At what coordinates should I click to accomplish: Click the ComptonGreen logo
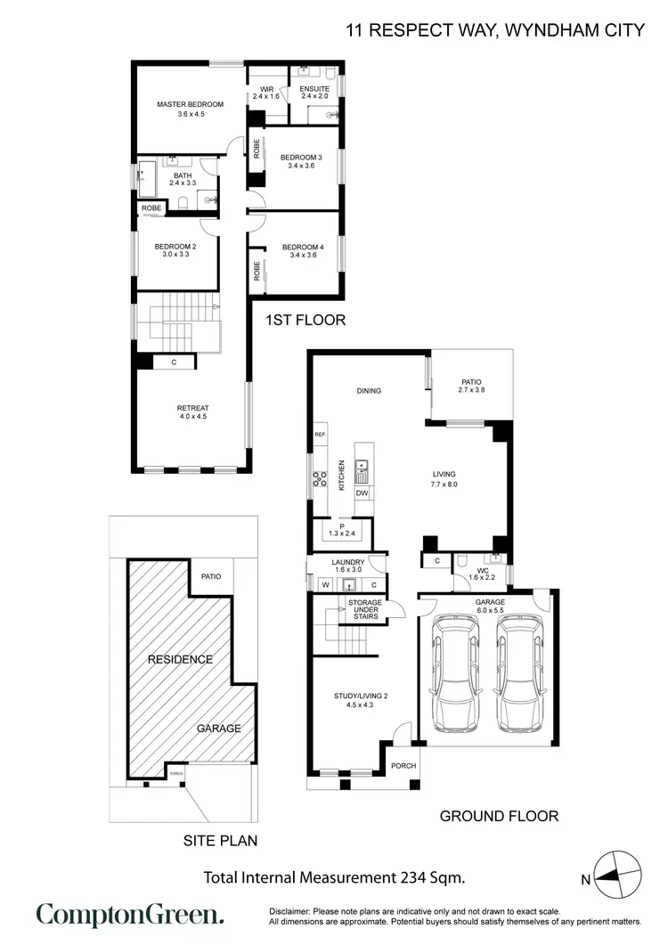pos(129,916)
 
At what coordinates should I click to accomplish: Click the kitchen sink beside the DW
pos(363,466)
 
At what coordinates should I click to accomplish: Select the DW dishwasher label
pos(362,493)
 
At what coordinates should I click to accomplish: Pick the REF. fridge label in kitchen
pos(320,435)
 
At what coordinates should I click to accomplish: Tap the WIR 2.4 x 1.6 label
pos(266,93)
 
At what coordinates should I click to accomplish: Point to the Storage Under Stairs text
pos(365,610)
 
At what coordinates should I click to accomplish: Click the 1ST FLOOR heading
pos(305,319)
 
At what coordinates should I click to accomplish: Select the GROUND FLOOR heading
pos(500,815)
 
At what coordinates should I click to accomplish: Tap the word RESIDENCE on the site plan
pos(180,659)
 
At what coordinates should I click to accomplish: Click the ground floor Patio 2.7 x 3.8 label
pos(471,386)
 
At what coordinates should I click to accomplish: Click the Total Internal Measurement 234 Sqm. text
pos(334,877)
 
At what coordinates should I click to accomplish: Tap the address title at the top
pos(495,30)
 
